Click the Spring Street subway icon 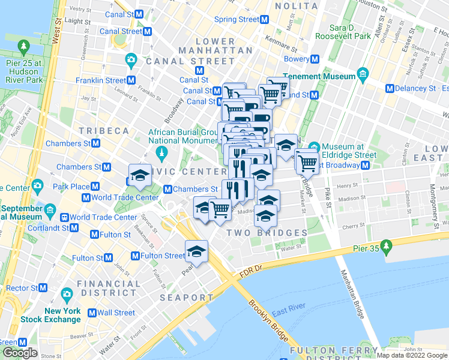tap(265, 19)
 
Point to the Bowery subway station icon tap(315, 59)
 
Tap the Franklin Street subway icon tap(131, 80)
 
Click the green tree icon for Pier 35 tap(387, 245)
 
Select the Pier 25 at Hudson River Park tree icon tap(23, 46)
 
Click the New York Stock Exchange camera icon tap(66, 295)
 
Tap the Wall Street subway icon tap(92, 313)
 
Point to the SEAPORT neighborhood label tap(186, 298)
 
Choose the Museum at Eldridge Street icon tap(314, 147)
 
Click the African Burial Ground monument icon tap(161, 154)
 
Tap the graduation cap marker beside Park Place tap(140, 175)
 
